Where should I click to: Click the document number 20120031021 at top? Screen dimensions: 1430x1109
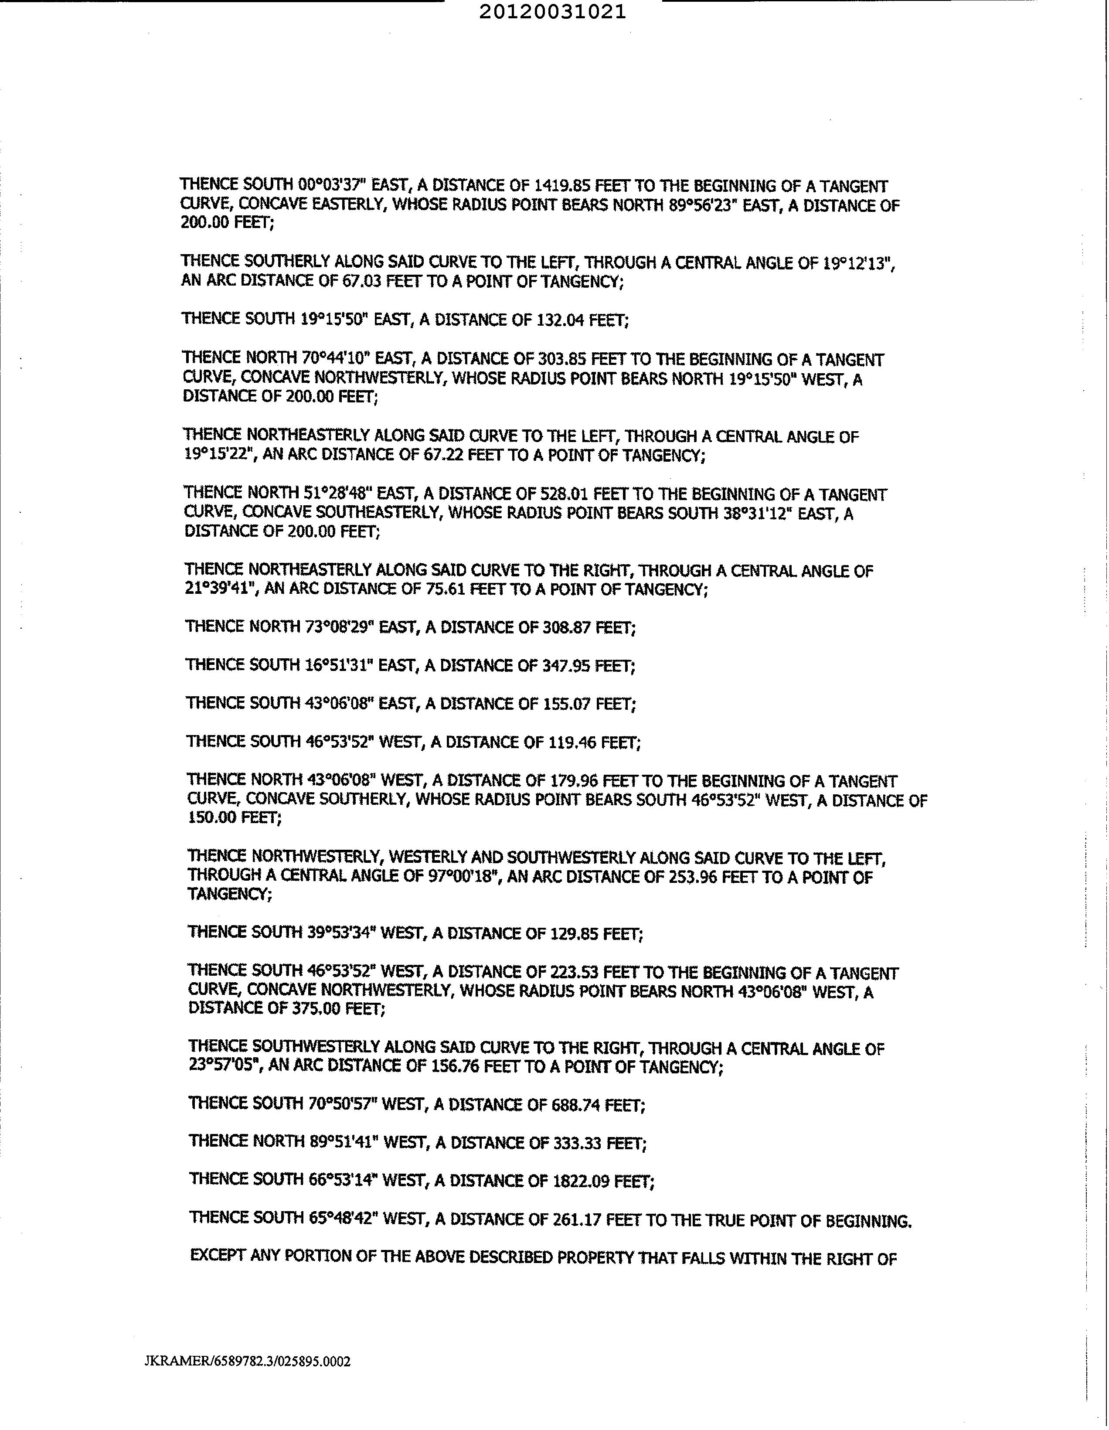552,12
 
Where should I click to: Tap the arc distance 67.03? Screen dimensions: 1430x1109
362,282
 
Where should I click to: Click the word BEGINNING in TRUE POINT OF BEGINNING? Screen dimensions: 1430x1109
869,1220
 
